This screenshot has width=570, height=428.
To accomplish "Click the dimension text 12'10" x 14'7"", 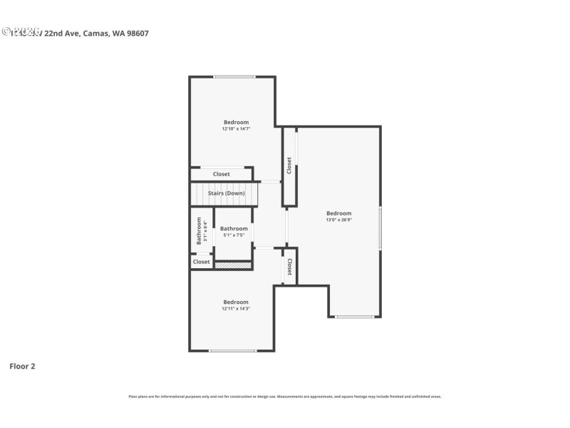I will tap(236, 129).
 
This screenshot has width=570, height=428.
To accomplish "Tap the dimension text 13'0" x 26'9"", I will tap(339, 220).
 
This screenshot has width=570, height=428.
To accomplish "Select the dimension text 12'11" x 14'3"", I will tap(236, 308).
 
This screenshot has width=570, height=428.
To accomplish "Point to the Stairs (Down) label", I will tap(227, 193).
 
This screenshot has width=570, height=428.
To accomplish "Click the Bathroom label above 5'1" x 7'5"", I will tap(234, 228).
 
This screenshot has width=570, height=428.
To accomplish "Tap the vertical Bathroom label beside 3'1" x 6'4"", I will tap(199, 232).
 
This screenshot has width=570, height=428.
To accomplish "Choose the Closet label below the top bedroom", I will tap(222, 174).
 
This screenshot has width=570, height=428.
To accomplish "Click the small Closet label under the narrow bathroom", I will tap(202, 262).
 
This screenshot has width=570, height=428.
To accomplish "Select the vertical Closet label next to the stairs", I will tap(289, 165).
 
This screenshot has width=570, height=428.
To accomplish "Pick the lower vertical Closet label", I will tap(290, 267).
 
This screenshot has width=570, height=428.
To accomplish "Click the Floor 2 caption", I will tap(22, 366).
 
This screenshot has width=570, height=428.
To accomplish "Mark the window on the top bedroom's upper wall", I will tap(234, 77).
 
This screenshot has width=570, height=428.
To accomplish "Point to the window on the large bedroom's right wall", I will tap(380, 228).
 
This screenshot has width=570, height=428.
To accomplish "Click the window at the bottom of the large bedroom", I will tap(354, 317).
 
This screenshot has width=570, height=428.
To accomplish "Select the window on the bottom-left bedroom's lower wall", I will tap(233, 350).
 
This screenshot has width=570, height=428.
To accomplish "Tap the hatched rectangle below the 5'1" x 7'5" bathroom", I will tap(234, 265).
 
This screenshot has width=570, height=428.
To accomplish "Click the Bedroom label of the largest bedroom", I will tap(339, 213).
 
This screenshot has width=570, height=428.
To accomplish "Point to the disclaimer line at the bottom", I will tap(285, 396).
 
